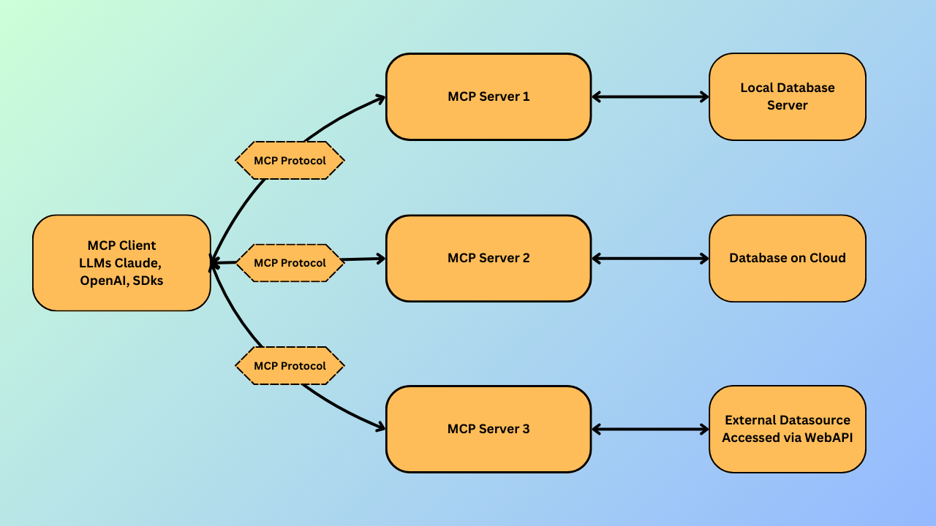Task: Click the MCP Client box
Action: point(121,263)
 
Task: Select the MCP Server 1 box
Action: point(488,96)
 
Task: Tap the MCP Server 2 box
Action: point(488,258)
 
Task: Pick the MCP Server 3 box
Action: point(488,429)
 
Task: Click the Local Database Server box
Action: point(787,96)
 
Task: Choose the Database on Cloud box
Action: point(787,258)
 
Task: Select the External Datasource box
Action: point(787,429)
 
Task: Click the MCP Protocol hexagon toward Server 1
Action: point(290,160)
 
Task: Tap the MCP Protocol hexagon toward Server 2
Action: point(290,263)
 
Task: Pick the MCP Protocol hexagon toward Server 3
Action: point(290,365)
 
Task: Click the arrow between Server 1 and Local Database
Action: point(650,96)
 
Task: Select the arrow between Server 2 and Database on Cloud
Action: point(650,259)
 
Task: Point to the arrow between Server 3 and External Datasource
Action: point(650,430)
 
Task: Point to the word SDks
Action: point(149,281)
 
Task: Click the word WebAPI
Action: point(829,438)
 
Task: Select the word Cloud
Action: point(828,258)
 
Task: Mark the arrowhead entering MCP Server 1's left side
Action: point(380,98)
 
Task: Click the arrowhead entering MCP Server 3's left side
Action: point(380,427)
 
